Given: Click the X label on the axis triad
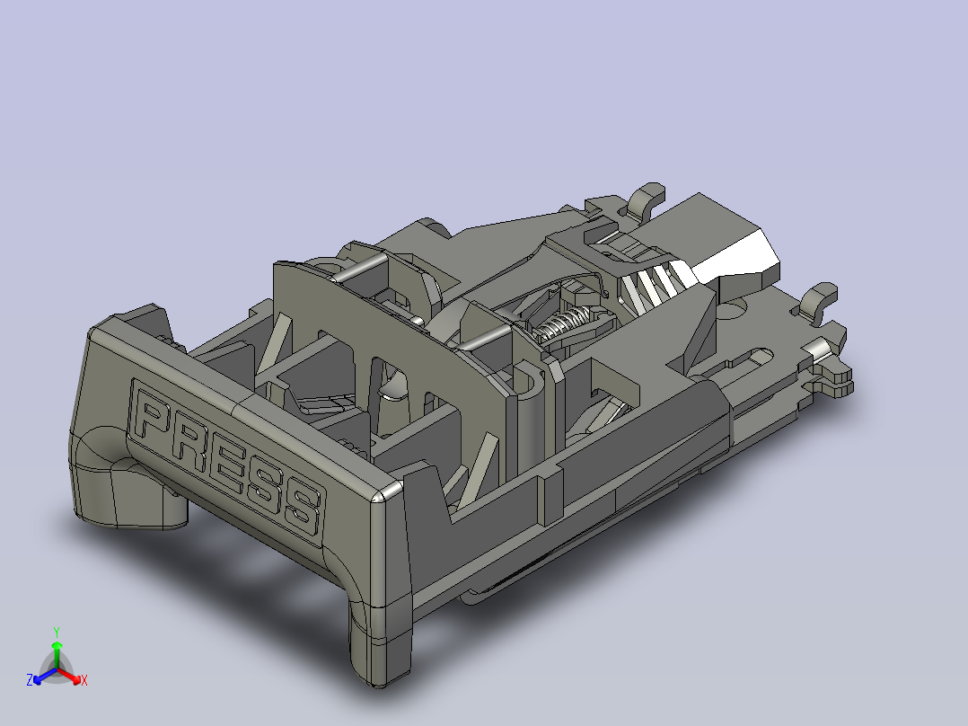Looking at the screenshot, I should (84, 681).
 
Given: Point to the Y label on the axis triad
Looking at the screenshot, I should (56, 632).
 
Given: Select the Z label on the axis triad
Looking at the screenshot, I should (30, 681).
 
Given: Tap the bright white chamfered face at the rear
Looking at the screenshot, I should (738, 256).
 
